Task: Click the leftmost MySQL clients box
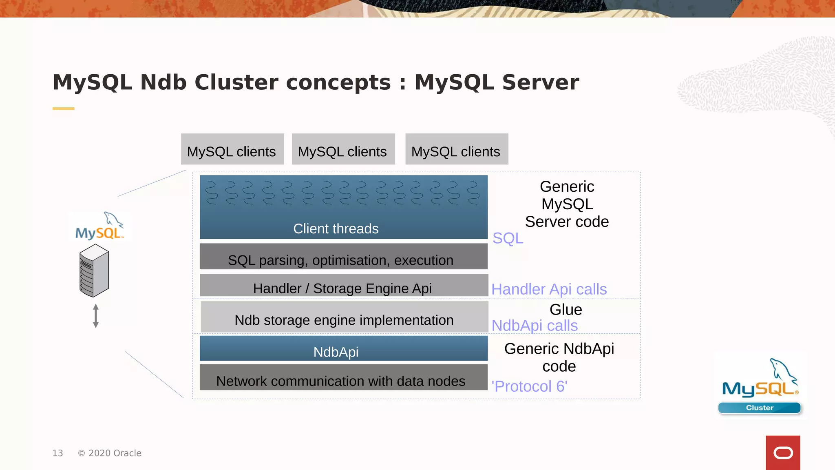pyautogui.click(x=232, y=149)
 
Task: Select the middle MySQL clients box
pyautogui.click(x=343, y=149)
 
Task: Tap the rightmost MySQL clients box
pyautogui.click(x=457, y=149)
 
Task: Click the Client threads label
pyautogui.click(x=336, y=229)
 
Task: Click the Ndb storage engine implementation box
pyautogui.click(x=344, y=317)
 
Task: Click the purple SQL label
pyautogui.click(x=508, y=238)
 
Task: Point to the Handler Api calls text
pyautogui.click(x=549, y=289)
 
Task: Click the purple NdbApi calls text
pyautogui.click(x=535, y=326)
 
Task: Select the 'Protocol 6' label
pyautogui.click(x=529, y=386)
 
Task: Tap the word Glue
pyautogui.click(x=566, y=310)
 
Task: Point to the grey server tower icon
pyautogui.click(x=94, y=270)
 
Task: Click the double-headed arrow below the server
pyautogui.click(x=96, y=316)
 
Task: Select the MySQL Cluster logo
pyautogui.click(x=760, y=386)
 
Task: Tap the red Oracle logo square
pyautogui.click(x=782, y=452)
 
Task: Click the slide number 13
pyautogui.click(x=57, y=453)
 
